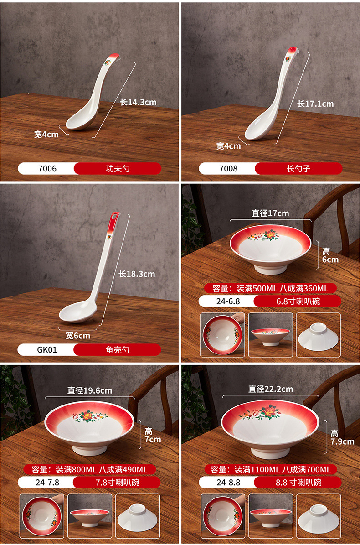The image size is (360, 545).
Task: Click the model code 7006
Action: [47, 169]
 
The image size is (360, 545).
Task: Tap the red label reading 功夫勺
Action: [118, 169]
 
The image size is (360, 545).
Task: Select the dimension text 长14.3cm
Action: [138, 102]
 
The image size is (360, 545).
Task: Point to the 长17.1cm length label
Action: [315, 104]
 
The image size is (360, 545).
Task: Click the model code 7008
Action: [228, 169]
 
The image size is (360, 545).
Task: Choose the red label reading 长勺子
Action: [298, 169]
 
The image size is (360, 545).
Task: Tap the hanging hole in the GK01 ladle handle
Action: [114, 217]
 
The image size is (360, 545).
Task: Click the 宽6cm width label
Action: [78, 336]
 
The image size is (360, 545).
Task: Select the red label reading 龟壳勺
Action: [117, 350]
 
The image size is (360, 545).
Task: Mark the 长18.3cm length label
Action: [137, 274]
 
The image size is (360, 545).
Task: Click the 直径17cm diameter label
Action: [270, 213]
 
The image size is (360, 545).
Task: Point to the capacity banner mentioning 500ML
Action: [270, 288]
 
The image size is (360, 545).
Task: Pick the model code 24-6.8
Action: [228, 301]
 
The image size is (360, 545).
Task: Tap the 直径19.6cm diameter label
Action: [90, 391]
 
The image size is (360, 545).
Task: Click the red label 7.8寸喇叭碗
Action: [117, 483]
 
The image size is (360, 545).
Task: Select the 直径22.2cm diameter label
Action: [271, 389]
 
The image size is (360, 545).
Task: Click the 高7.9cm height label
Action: [342, 437]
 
